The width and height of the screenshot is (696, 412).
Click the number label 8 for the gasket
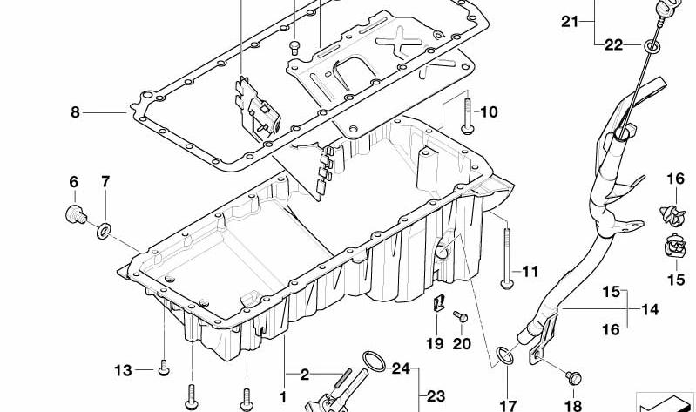click(x=75, y=112)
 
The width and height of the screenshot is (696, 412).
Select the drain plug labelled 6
click(x=76, y=214)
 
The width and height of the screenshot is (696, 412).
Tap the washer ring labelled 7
click(x=104, y=232)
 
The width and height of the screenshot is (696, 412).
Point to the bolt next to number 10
click(x=468, y=116)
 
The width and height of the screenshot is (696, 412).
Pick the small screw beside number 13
click(x=164, y=368)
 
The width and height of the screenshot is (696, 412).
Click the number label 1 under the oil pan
click(x=283, y=397)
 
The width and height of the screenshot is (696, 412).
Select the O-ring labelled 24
click(x=375, y=361)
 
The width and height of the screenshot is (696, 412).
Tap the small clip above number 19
click(x=438, y=304)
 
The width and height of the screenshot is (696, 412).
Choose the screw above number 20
click(x=460, y=316)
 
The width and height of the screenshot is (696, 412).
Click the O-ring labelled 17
click(x=505, y=355)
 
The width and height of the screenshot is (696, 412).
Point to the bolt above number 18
click(x=573, y=378)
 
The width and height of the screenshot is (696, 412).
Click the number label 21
click(x=570, y=21)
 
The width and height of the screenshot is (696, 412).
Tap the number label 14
click(x=650, y=309)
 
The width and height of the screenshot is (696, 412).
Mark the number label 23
click(x=436, y=395)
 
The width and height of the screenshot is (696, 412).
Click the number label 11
click(x=530, y=271)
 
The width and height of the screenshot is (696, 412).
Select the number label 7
click(x=105, y=181)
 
